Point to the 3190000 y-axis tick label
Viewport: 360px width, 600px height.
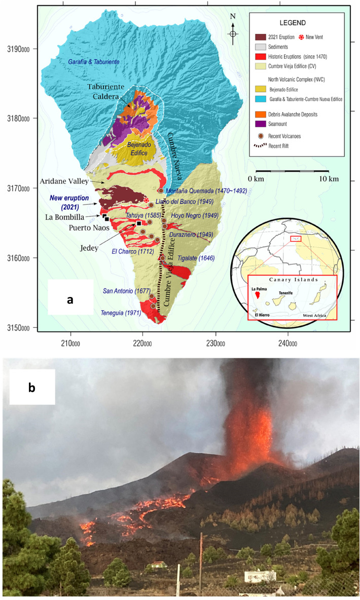tap(19, 49)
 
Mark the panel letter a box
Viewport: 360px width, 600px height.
tap(70, 299)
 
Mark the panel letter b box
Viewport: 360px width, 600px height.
tap(31, 389)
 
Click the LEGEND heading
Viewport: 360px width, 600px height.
tap(296, 23)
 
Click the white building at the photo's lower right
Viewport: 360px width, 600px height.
tap(260, 576)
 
